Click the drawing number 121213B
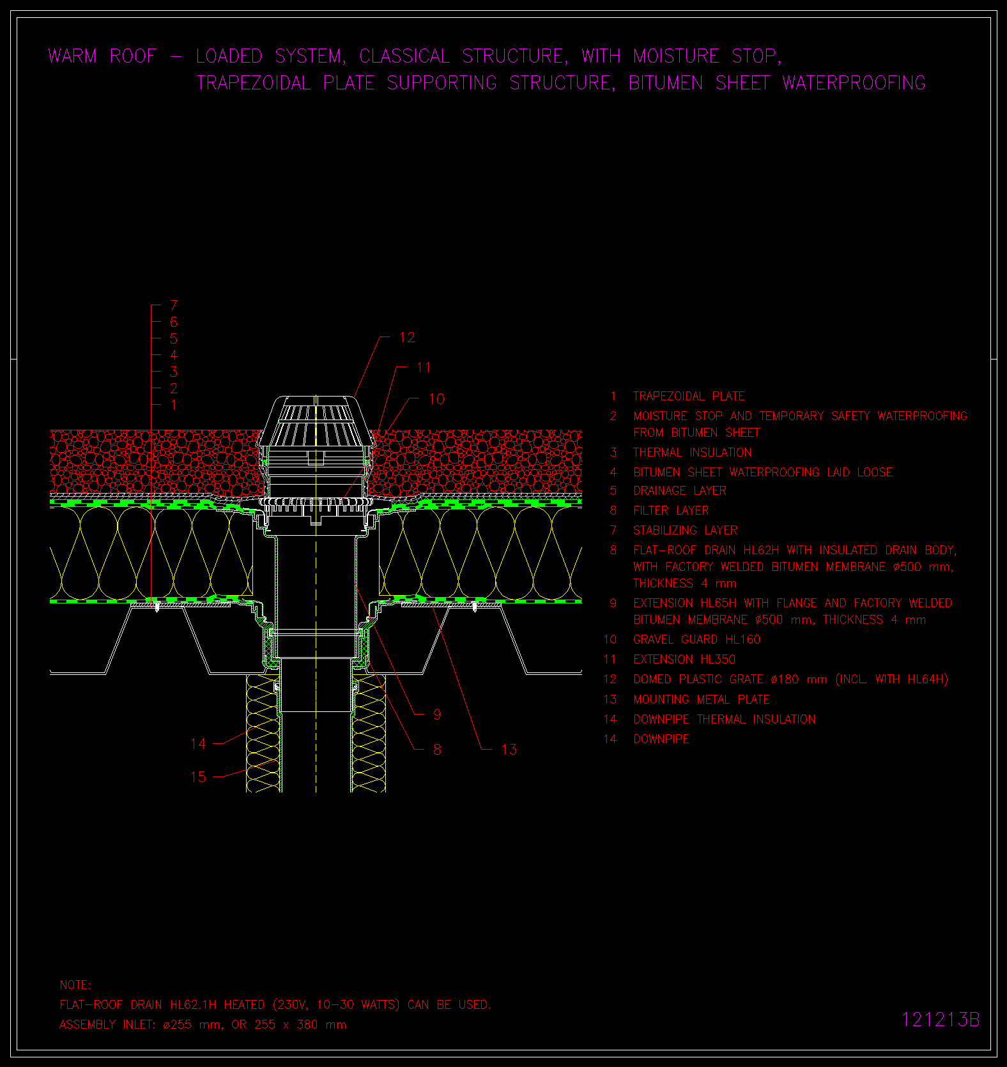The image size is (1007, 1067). pyautogui.click(x=940, y=1020)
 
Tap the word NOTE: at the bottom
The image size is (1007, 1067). pyautogui.click(x=75, y=985)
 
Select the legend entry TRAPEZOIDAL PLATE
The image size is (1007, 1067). pyautogui.click(x=689, y=397)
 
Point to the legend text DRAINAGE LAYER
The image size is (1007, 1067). pyautogui.click(x=680, y=491)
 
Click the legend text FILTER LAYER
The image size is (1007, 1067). pyautogui.click(x=671, y=511)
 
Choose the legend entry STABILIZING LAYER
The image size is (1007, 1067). pyautogui.click(x=686, y=531)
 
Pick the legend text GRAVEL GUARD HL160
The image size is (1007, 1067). pyautogui.click(x=697, y=640)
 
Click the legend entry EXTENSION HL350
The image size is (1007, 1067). pyautogui.click(x=684, y=660)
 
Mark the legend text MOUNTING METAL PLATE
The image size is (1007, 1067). pyautogui.click(x=702, y=700)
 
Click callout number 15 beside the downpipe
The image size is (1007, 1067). pyautogui.click(x=199, y=777)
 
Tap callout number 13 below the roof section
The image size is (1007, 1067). pyautogui.click(x=509, y=750)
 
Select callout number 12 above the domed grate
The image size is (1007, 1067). pyautogui.click(x=407, y=338)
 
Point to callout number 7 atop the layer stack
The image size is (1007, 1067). pyautogui.click(x=174, y=305)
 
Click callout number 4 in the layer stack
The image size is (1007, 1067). pyautogui.click(x=174, y=355)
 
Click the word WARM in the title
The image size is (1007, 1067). pyautogui.click(x=73, y=56)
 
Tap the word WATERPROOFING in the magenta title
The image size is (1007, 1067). pyautogui.click(x=854, y=83)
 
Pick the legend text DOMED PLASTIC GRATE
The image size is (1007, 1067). pyautogui.click(x=698, y=679)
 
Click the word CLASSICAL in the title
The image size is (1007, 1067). pyautogui.click(x=404, y=56)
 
